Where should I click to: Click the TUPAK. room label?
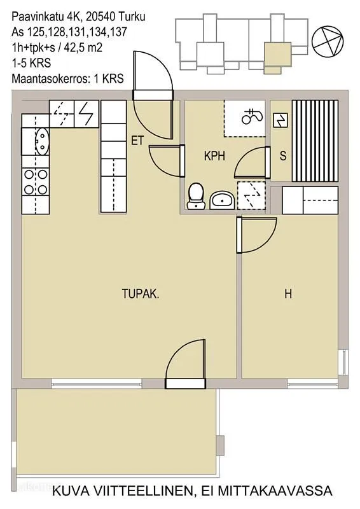click(x=141, y=294)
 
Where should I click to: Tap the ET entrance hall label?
click(x=137, y=141)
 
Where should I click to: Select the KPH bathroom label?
click(x=214, y=156)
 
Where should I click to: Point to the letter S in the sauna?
click(x=283, y=156)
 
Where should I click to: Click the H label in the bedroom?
click(x=288, y=294)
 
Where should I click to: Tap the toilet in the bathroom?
click(x=197, y=196)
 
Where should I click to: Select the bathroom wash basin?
click(x=222, y=200)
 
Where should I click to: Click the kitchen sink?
click(x=41, y=141)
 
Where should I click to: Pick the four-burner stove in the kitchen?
click(x=36, y=182)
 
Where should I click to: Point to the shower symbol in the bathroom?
click(x=252, y=116)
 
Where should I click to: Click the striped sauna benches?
click(x=315, y=141)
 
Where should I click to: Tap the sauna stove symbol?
click(x=280, y=120)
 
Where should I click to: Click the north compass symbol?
click(x=327, y=40)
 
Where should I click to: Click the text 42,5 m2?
click(x=83, y=48)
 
